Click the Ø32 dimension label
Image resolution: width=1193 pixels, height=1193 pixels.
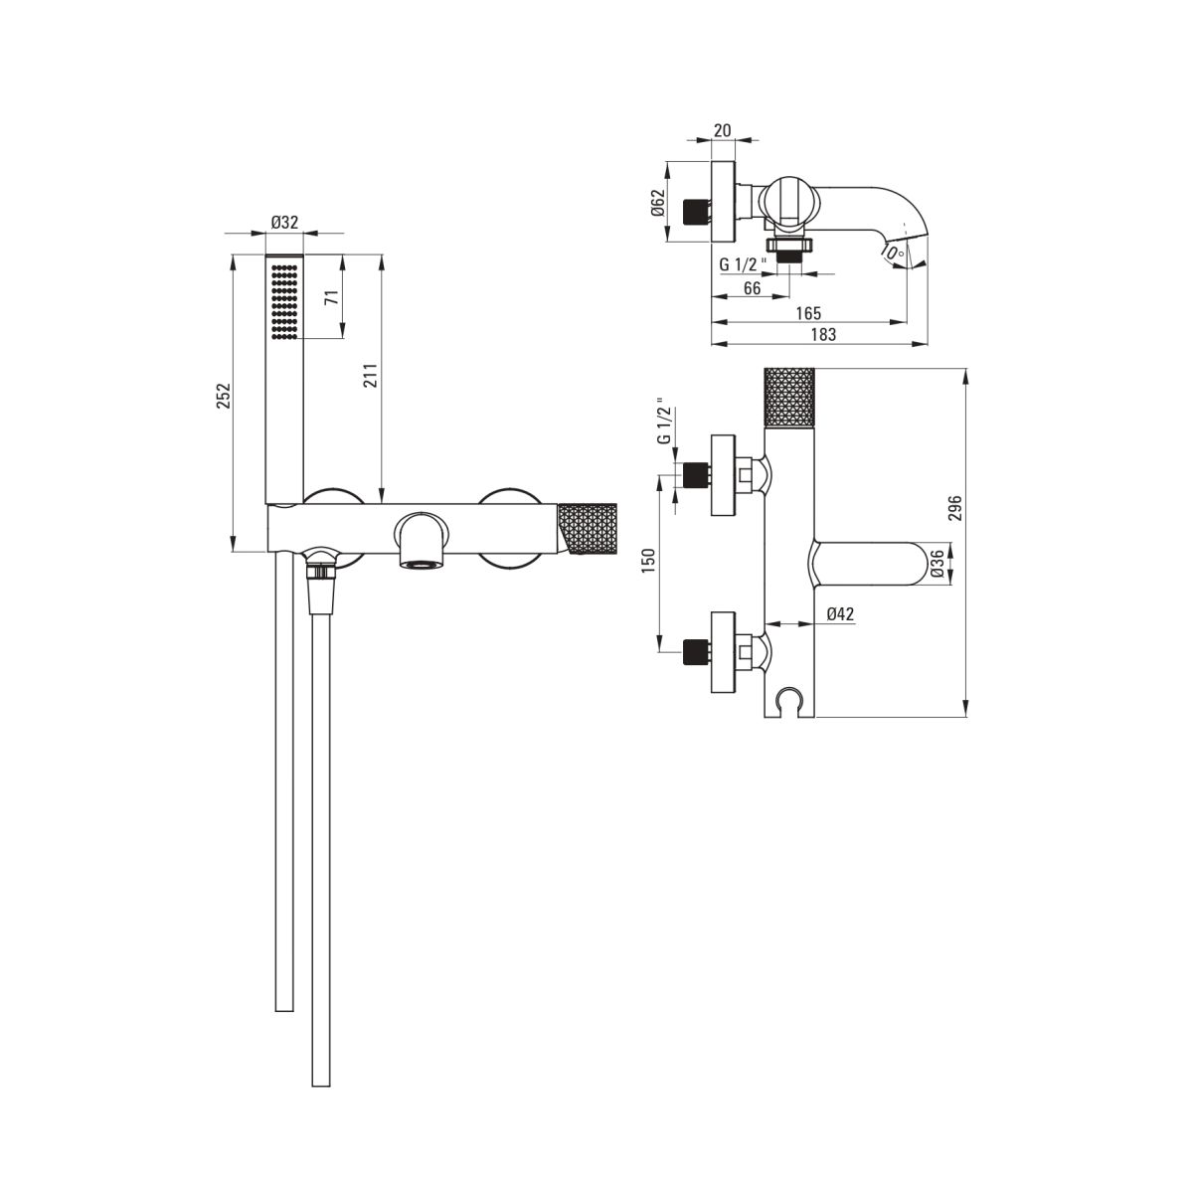pos(284,222)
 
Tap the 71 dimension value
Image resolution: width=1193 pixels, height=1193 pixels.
pos(333,296)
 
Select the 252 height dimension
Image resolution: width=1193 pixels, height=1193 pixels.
pos(223,396)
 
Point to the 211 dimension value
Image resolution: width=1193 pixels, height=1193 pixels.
pos(370,376)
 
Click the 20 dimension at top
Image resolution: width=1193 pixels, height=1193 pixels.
pos(723,130)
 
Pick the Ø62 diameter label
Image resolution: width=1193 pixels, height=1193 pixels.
pos(657,202)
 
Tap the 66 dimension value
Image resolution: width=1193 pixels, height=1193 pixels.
pos(752,288)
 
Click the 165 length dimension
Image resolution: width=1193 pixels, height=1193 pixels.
pos(808,312)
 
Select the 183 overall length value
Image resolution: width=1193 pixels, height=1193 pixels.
pos(823,334)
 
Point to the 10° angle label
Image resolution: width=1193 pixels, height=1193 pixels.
pos(894,252)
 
